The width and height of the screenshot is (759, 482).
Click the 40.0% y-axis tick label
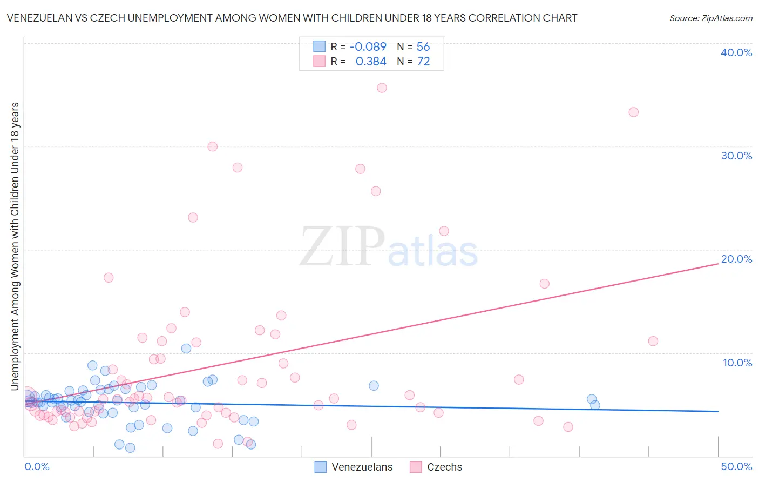pos(736,52)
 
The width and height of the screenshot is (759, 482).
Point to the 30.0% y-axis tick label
pos(736,156)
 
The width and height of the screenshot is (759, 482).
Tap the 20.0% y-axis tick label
pos(736,259)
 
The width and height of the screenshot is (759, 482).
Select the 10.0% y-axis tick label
pos(737,363)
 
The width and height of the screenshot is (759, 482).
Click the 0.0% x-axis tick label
pos(37,466)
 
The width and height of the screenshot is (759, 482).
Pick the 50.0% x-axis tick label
pos(736,466)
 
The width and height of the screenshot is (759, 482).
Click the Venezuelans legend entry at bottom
pos(354,467)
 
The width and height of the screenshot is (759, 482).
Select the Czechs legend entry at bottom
pos(436,467)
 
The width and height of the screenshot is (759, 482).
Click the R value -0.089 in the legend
pos(368,47)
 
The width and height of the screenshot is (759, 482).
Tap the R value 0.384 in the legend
pos(371,62)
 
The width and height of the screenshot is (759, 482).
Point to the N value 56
pos(423,47)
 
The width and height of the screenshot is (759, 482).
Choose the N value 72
pos(423,62)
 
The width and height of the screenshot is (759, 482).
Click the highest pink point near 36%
pos(382,88)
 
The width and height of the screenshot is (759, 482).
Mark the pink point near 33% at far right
pos(633,112)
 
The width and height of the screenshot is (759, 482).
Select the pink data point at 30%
pos(212,146)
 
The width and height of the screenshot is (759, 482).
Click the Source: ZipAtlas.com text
pos(710,18)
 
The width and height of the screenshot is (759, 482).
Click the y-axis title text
pos(15,246)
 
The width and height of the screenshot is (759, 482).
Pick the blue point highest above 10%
pos(186,349)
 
